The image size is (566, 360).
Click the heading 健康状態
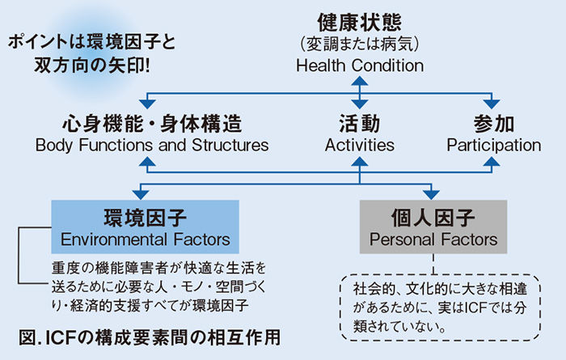[359, 20]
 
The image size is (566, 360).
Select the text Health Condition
[359, 66]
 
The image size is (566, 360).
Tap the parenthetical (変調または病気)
[359, 43]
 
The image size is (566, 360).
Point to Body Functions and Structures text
[152, 146]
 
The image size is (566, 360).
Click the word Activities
[359, 146]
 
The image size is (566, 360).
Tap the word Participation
[493, 146]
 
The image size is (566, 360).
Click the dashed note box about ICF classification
[437, 307]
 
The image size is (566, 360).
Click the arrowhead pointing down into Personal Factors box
[433, 193]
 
